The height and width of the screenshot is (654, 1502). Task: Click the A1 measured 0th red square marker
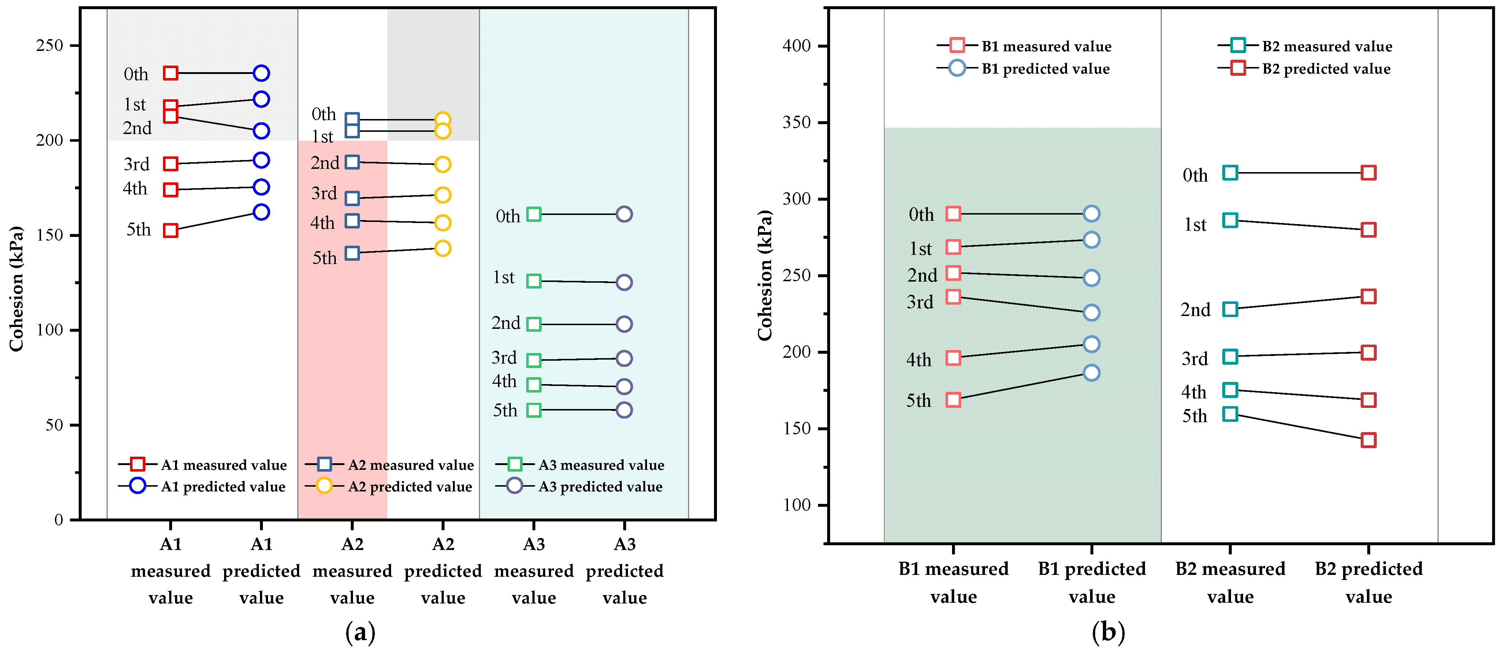pos(170,73)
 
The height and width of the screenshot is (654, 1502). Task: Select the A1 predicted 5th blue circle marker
pos(261,212)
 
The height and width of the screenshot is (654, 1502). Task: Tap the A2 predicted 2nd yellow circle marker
pos(443,164)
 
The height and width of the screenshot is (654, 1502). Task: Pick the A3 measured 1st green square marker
pos(533,281)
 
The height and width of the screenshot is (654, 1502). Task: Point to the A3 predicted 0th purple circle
pos(624,214)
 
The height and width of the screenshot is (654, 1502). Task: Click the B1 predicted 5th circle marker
pos(1092,372)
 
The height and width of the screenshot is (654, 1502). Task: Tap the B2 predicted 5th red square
pos(1368,440)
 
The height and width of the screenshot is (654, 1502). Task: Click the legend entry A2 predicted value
pos(409,486)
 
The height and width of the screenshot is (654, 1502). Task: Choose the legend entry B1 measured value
pos(1046,46)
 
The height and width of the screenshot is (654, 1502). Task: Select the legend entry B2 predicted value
pos(1326,69)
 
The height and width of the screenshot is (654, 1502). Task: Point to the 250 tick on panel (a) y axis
pos(49,45)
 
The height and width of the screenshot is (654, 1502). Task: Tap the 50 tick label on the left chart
pos(54,424)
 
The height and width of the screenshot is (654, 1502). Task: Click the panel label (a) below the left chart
pos(360,632)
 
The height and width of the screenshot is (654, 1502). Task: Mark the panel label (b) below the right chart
pos(1108,632)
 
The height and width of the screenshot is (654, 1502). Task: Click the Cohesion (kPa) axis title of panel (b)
pos(765,275)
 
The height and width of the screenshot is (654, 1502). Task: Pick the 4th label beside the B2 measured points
pos(1194,392)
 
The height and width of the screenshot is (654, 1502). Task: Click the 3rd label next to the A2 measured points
pos(324,193)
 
